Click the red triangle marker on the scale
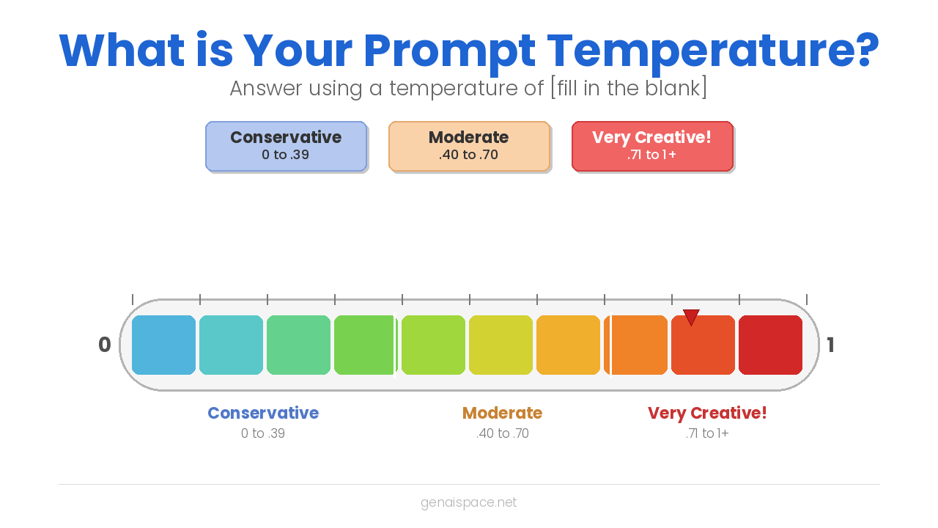point(691,316)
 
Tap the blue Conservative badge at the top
point(286,146)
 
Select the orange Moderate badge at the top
point(469,146)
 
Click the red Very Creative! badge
point(652,146)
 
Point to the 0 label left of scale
point(105,345)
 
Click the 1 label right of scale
point(830,345)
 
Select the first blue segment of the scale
point(163,345)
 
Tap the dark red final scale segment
point(770,345)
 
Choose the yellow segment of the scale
point(501,345)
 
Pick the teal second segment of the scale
point(231,345)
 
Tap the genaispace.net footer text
point(469,502)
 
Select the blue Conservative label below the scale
point(263,413)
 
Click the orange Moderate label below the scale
point(502,413)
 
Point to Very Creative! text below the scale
point(707,413)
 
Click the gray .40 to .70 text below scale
point(502,433)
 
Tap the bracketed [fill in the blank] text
point(629,88)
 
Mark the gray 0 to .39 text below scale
point(263,433)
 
